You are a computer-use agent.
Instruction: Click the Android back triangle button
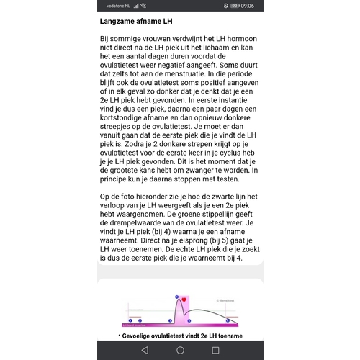click(145, 350)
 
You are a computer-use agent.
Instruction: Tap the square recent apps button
click(215, 350)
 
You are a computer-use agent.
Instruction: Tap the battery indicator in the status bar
click(236, 6)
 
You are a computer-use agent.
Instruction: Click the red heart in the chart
click(183, 300)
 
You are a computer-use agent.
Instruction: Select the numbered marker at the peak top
click(176, 296)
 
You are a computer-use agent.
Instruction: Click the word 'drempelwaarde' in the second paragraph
click(135, 223)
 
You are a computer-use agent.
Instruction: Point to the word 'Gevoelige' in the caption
click(141, 336)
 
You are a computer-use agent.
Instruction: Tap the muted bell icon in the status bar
click(225, 6)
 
